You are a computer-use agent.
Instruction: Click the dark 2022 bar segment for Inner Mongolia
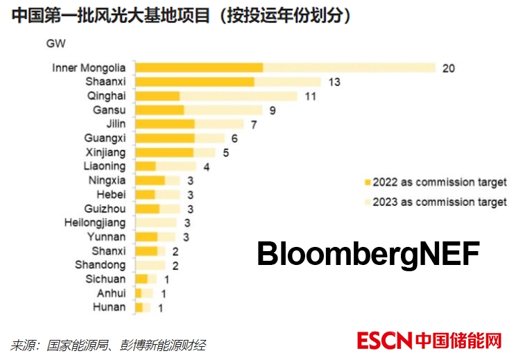(199, 67)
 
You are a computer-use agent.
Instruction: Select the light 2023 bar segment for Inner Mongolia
(349, 67)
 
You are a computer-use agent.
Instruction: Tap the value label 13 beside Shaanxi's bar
(334, 82)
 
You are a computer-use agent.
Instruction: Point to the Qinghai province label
(106, 96)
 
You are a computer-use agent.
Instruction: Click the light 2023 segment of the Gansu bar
(223, 110)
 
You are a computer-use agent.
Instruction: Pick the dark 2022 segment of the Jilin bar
(165, 124)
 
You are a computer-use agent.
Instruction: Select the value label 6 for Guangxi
(234, 138)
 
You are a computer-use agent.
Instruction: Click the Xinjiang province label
(105, 152)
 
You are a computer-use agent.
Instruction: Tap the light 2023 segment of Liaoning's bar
(175, 166)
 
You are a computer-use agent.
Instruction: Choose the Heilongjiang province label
(95, 223)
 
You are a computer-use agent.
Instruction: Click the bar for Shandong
(150, 265)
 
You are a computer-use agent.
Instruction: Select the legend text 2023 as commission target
(440, 203)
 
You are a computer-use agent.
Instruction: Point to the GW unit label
(55, 44)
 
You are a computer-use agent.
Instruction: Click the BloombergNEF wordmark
(368, 254)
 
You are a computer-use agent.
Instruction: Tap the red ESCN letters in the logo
(385, 341)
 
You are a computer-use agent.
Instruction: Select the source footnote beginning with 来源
(108, 345)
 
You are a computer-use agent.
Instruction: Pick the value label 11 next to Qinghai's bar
(310, 96)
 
